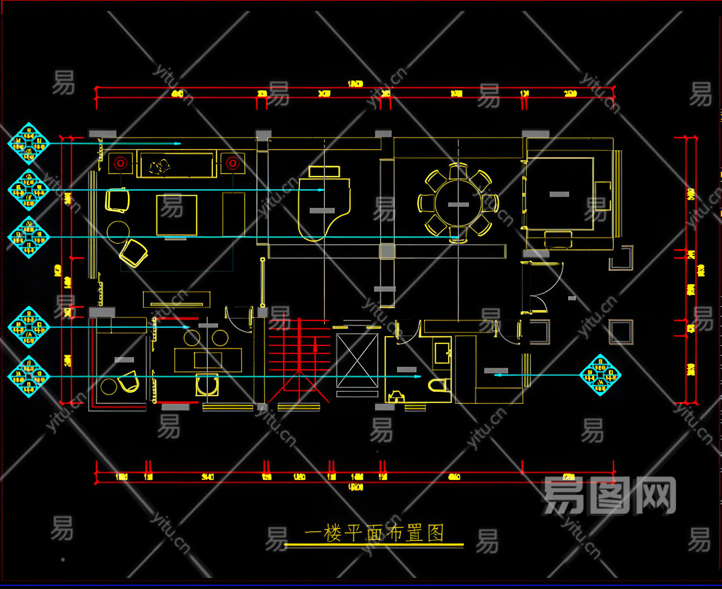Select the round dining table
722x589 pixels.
point(458,203)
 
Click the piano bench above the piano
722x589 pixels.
point(324,171)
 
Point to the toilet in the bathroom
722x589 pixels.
point(439,385)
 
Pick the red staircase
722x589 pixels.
point(299,358)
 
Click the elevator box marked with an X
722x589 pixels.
point(357,360)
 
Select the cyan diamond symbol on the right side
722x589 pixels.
point(600,375)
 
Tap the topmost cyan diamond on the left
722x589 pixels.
point(29,143)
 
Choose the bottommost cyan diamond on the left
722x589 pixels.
point(29,376)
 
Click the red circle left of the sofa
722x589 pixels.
point(120,163)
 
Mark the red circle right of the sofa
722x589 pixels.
point(232,163)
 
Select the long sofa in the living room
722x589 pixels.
point(176,165)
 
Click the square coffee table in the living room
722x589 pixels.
point(177,215)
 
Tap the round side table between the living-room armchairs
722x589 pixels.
point(118,232)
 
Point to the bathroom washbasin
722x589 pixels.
point(441,352)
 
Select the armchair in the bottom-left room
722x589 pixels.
point(129,382)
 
